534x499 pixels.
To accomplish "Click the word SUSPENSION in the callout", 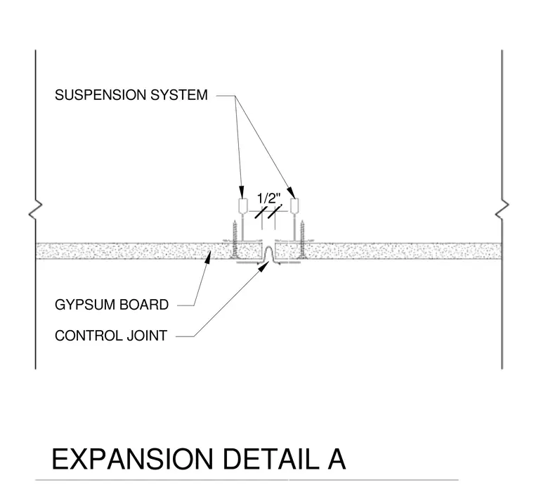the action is coord(100,95).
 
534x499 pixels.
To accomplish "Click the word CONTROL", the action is coord(89,336).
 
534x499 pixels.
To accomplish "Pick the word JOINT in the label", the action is coord(147,336).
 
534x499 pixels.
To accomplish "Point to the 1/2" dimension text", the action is coord(268,198).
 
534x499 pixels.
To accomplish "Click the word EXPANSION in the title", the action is coord(133,459).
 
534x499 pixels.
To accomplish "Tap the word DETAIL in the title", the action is coord(271,459).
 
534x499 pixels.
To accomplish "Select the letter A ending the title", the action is coord(337,459).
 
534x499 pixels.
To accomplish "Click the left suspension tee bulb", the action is coord(242,206).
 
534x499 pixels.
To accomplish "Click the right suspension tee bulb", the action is coord(294,206).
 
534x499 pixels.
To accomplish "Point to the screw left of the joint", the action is coord(235,239).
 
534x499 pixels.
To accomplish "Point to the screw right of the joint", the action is coord(302,239).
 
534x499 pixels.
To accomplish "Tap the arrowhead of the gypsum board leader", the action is coord(208,255).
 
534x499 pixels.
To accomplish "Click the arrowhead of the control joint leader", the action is coord(263,267).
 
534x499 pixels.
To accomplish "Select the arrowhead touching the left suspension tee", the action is coord(242,192).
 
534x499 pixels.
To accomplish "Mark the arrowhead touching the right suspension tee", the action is coord(290,192).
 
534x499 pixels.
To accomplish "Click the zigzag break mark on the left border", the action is coord(35,210).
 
